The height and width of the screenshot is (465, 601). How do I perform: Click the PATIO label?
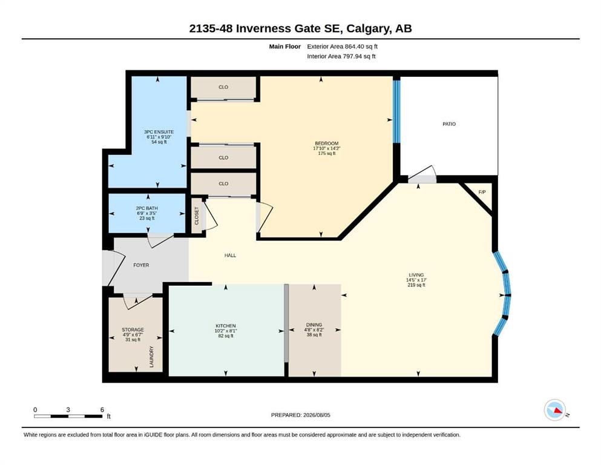tap(449, 124)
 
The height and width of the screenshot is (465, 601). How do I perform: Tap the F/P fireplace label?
tap(482, 192)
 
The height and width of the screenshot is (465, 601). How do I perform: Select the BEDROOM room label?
tap(327, 143)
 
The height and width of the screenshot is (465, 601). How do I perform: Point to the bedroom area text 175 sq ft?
tap(327, 153)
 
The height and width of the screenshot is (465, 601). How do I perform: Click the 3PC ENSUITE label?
tap(159, 132)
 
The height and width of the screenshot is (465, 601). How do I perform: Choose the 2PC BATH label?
tap(147, 208)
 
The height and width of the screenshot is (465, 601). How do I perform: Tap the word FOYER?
tap(141, 265)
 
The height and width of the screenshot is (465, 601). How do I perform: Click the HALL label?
tap(230, 256)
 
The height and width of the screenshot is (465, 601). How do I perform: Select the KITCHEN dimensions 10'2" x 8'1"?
tap(226, 331)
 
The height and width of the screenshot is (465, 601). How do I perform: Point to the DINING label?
tap(314, 325)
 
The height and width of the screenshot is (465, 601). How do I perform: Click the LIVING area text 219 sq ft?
tap(416, 285)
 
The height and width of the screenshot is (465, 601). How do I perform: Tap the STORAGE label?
tap(133, 330)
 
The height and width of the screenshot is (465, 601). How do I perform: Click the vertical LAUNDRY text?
tap(151, 357)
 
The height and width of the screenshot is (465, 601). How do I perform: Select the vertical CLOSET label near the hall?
tap(197, 216)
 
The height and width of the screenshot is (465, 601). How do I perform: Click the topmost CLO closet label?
tap(223, 87)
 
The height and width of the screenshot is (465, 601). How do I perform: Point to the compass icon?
tap(555, 410)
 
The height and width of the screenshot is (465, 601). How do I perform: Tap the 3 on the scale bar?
tap(68, 409)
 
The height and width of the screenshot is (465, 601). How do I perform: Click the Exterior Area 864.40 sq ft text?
tap(343, 47)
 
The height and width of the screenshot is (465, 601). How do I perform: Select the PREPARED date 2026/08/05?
tap(317, 415)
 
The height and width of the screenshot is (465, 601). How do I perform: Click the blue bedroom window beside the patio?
tap(396, 111)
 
